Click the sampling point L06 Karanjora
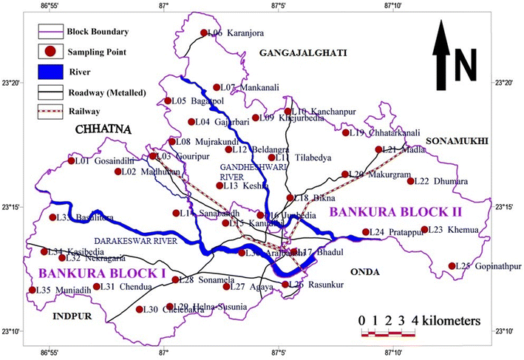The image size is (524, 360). tap(204, 33)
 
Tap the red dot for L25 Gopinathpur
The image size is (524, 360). tap(452, 266)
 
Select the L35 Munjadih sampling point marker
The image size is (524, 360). tap(32, 290)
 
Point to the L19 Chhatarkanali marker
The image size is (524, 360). tap(345, 133)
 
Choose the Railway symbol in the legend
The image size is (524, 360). tap(50, 112)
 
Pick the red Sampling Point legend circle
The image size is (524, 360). tap(50, 52)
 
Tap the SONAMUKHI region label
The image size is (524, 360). tap(456, 141)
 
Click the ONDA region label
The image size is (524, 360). tap(364, 272)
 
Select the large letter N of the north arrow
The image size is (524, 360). tap(466, 65)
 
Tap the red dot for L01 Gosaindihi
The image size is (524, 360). tap(72, 160)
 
